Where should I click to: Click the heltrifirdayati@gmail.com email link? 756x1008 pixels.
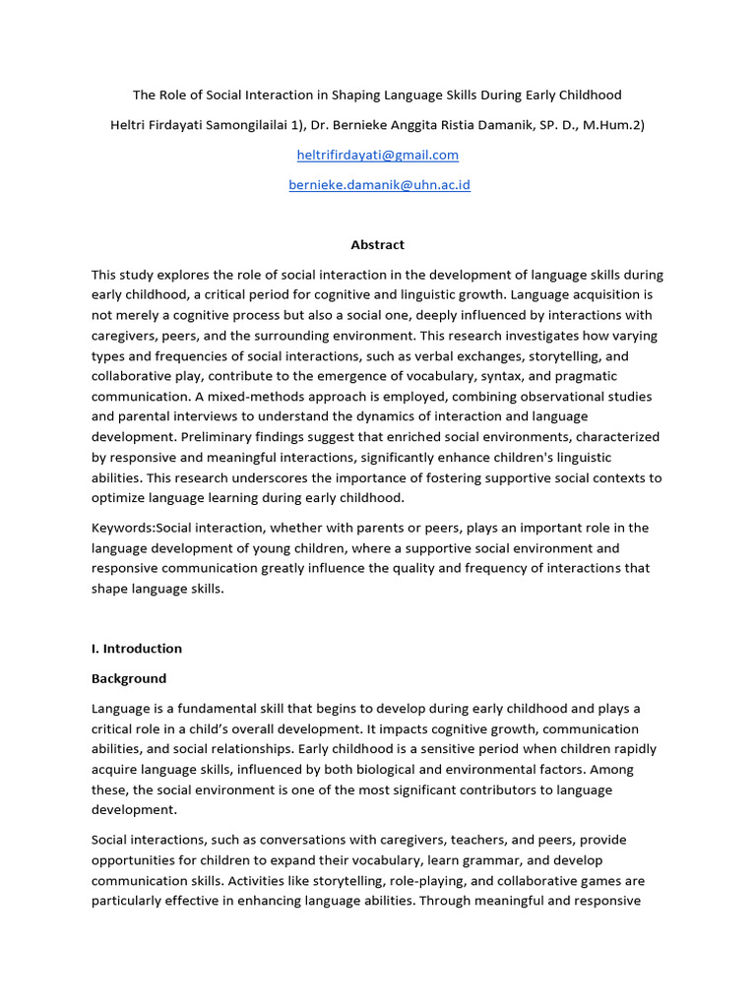tap(378, 156)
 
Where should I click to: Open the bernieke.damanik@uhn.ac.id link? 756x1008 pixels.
tap(379, 185)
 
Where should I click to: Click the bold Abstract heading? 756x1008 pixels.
tap(378, 245)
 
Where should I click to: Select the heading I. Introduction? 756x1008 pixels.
tap(137, 649)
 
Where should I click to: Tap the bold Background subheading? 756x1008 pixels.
tap(129, 679)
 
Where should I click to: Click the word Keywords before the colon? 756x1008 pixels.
tap(123, 529)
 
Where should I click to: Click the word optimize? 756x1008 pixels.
tap(119, 498)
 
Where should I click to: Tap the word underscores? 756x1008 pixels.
tap(264, 478)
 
